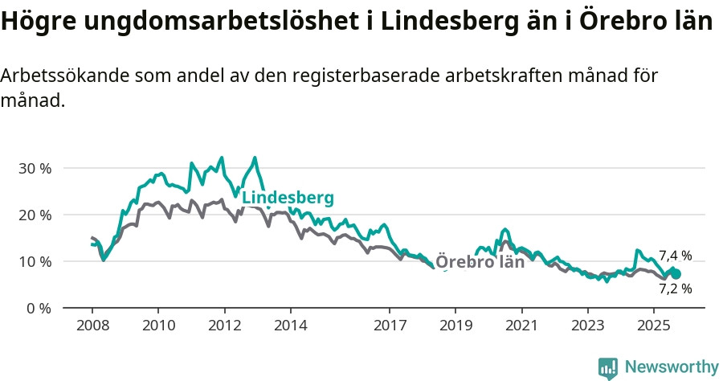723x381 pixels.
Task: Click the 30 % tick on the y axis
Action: [35, 169]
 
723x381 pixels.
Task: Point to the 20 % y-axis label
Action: [35, 215]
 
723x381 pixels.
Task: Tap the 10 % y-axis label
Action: [35, 262]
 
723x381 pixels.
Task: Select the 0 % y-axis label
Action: [39, 309]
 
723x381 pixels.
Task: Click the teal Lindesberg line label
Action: [288, 198]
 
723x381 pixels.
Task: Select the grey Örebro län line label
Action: [480, 262]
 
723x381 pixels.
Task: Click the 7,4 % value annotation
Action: [675, 256]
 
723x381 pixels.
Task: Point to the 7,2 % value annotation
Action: [675, 289]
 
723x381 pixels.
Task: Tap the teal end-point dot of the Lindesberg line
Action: [676, 274]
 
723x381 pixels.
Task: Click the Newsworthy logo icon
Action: [608, 368]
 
